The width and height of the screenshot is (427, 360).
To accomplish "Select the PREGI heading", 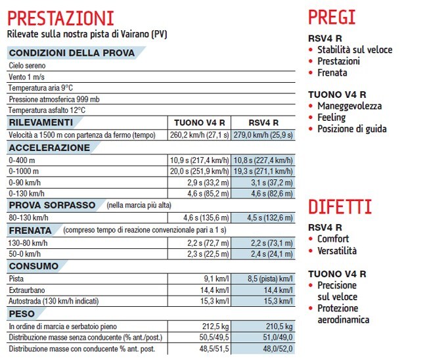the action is [332, 16].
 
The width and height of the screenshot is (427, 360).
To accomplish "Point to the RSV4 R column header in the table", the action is [263, 123].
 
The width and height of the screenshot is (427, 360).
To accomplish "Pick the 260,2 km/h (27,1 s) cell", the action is [199, 135].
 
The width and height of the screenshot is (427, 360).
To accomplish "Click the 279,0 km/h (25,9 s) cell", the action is [263, 135].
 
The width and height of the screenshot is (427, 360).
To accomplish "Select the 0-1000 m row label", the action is [24, 171].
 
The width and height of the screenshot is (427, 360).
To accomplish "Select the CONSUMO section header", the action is [34, 266].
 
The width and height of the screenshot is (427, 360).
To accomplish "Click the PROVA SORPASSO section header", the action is [53, 205].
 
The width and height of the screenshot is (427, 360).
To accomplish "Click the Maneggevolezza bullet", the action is [349, 106].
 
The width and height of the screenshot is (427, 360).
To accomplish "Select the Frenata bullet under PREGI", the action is [332, 72].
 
